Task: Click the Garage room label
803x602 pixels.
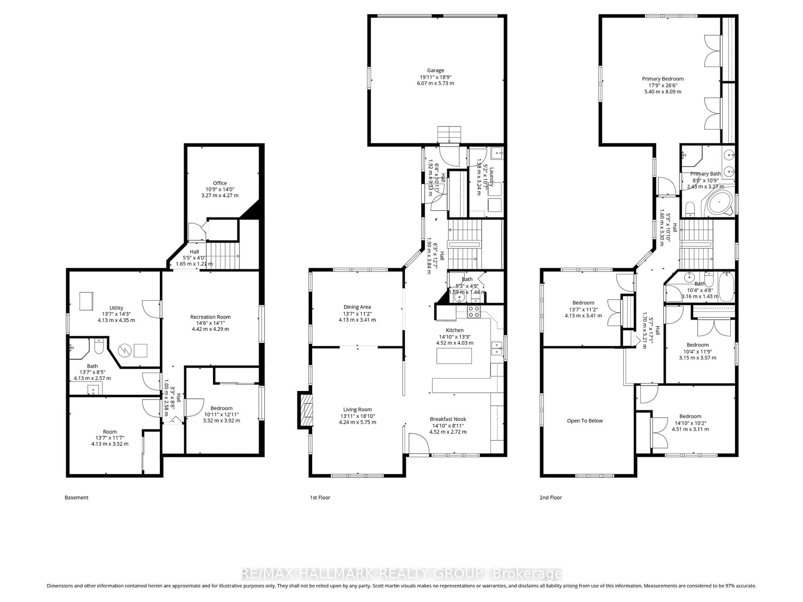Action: click(435, 70)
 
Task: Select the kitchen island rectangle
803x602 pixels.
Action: click(454, 356)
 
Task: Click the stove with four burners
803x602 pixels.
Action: click(473, 312)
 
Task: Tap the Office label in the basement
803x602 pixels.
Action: click(220, 183)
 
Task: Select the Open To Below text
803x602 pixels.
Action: click(584, 421)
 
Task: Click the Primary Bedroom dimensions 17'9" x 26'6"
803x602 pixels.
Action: click(662, 85)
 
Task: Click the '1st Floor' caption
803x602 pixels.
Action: click(320, 497)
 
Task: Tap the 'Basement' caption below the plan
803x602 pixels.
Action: click(76, 497)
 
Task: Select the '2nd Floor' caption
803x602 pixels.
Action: click(550, 497)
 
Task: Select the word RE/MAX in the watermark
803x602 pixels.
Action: click(268, 574)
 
